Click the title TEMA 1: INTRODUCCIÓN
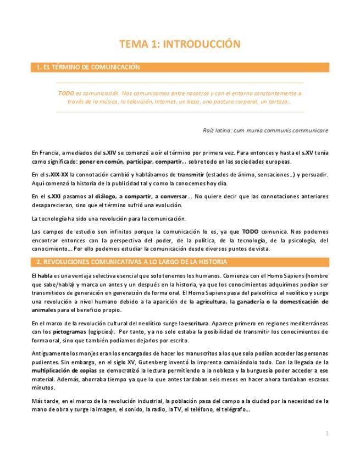click(x=180, y=43)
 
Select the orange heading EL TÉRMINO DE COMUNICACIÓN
click(x=88, y=68)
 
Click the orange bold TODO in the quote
click(x=66, y=93)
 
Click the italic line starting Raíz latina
click(x=265, y=130)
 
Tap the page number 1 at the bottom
click(x=326, y=434)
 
